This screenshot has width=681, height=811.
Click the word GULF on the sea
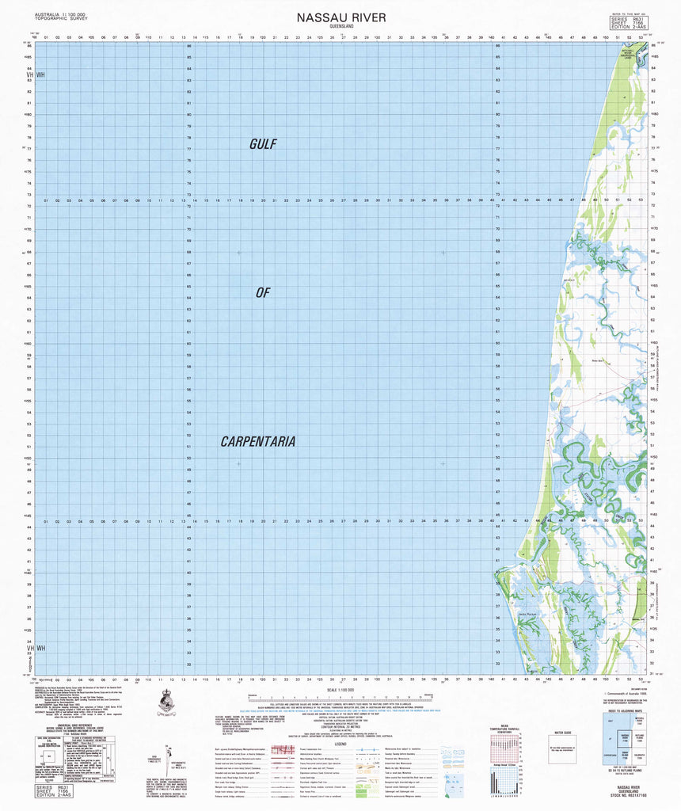[262, 144]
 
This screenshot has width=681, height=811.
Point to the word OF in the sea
[263, 293]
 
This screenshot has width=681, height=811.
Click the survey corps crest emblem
[167, 701]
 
